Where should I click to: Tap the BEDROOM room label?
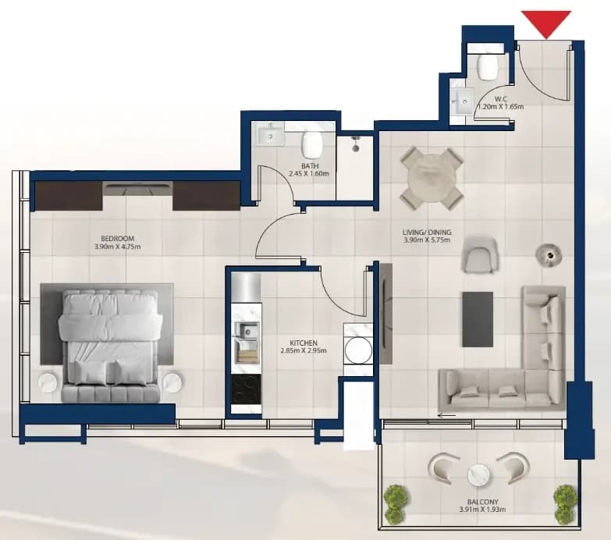pyautogui.click(x=117, y=239)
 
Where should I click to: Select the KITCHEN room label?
pyautogui.click(x=304, y=343)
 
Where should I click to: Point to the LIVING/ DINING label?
pyautogui.click(x=427, y=233)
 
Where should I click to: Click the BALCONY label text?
pyautogui.click(x=483, y=502)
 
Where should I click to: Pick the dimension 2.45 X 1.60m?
pyautogui.click(x=309, y=173)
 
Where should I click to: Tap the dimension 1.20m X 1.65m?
pyautogui.click(x=501, y=106)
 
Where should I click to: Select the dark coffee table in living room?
pyautogui.click(x=478, y=319)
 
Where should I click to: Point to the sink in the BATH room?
pyautogui.click(x=271, y=136)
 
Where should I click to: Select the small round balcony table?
pyautogui.click(x=478, y=475)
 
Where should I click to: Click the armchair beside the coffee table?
pyautogui.click(x=480, y=255)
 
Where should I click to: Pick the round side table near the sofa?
pyautogui.click(x=549, y=256)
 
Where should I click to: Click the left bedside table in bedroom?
pyautogui.click(x=48, y=382)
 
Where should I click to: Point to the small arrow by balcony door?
pyautogui.click(x=446, y=415)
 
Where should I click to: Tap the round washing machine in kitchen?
pyautogui.click(x=357, y=350)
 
